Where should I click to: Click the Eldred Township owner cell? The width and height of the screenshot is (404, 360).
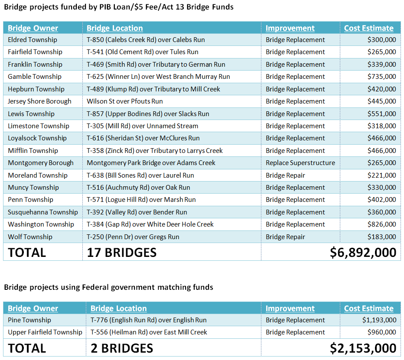33,40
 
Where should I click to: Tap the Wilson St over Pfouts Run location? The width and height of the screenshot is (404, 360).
125,101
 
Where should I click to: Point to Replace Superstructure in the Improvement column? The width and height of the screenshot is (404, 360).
300,163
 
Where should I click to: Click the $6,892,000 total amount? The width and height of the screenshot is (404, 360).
363,253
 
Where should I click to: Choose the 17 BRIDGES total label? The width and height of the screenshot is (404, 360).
122,253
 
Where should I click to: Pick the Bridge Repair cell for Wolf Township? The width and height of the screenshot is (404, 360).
285,237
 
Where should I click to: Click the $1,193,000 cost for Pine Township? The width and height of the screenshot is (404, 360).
379,320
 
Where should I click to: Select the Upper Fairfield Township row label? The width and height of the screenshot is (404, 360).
45,332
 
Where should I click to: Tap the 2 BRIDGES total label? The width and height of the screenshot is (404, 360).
122,348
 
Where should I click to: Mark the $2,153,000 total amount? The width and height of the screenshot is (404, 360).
363,348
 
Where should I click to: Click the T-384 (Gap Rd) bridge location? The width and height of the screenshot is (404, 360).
150,224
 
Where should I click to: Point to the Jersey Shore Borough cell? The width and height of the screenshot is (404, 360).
39,101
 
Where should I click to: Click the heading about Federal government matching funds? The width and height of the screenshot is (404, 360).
108,287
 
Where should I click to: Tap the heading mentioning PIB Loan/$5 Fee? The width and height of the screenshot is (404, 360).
118,7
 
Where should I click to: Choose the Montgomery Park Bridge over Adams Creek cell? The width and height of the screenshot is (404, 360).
151,163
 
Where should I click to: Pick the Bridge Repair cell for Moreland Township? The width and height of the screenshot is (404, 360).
285,175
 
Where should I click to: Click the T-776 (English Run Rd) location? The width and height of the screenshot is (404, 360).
149,320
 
